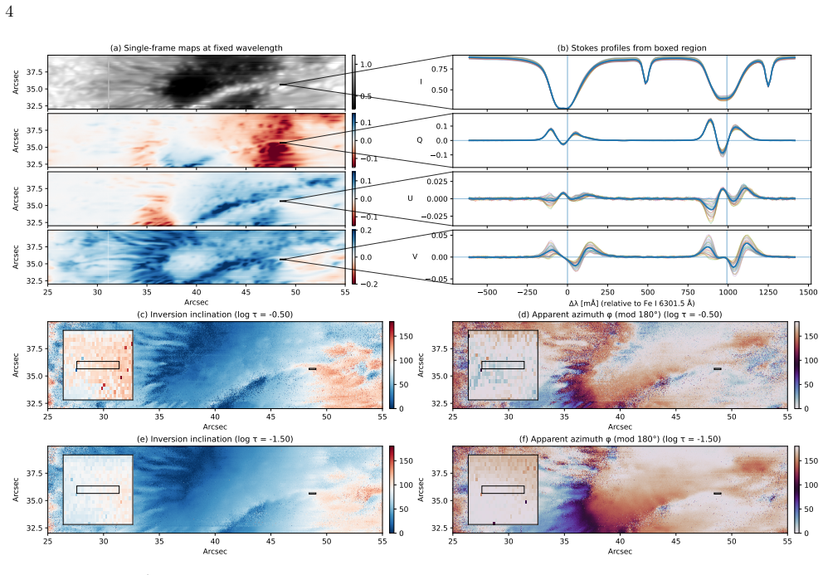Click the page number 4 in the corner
[9, 11]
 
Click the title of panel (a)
[197, 48]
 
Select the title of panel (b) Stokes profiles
[631, 48]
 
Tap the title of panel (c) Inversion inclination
[215, 314]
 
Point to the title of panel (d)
[620, 314]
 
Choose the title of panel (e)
[215, 439]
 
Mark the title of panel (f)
[620, 439]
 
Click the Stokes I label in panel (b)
[421, 82]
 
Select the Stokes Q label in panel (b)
[419, 140]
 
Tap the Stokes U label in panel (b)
[411, 198]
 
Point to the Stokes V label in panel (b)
[415, 256]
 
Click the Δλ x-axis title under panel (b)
[631, 303]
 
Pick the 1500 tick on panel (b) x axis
[808, 293]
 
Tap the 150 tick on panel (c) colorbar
[407, 337]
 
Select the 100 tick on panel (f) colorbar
[811, 485]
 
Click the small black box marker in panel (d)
[718, 369]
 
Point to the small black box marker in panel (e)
[312, 494]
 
